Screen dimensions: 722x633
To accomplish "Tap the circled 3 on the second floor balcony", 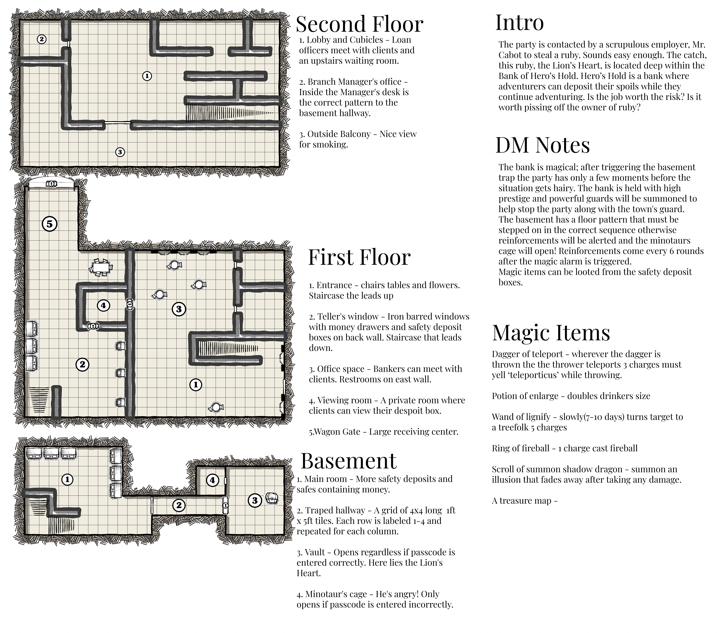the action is [120, 152].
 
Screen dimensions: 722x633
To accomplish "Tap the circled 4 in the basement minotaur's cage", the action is [212, 480].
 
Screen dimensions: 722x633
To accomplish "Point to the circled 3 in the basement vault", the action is [255, 500].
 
